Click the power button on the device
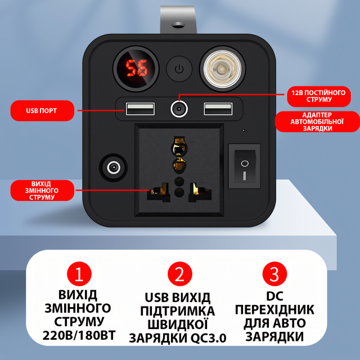[x=179, y=69]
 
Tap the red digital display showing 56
[x=137, y=68]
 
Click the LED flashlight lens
[x=222, y=69]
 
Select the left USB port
[x=140, y=109]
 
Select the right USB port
[x=218, y=109]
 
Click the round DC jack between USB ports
[x=179, y=109]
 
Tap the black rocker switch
[x=244, y=166]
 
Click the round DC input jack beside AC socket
[x=114, y=168]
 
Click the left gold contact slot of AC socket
[x=159, y=191]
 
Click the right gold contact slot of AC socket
[x=200, y=191]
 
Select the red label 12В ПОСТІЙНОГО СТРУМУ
[x=319, y=96]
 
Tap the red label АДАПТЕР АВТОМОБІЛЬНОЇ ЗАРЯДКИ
[x=317, y=121]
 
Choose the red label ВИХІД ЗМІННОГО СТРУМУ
[x=43, y=191]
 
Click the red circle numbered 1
[x=79, y=274]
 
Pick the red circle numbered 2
[x=180, y=274]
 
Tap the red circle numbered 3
[x=274, y=274]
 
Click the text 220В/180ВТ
[x=79, y=335]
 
